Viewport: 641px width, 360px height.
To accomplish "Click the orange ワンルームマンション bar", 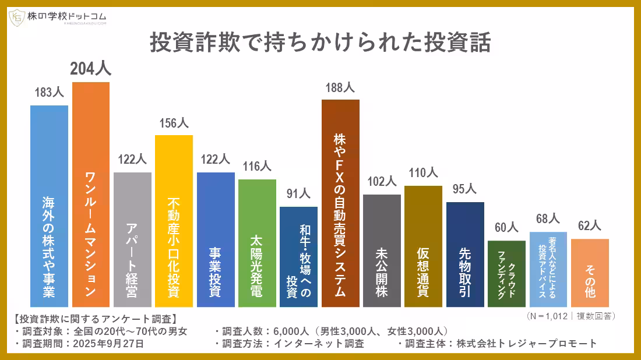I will [91, 195].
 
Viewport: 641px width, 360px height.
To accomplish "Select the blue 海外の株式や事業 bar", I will [49, 206].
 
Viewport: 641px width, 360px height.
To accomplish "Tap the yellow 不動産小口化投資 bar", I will [174, 221].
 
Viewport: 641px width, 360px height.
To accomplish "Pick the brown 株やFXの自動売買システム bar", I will [340, 203].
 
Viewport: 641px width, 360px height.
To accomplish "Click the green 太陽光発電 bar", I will [257, 243].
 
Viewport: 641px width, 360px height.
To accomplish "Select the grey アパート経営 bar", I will [132, 239].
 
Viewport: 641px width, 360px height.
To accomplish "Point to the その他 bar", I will [590, 273].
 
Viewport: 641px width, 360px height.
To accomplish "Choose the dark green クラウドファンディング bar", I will [506, 273].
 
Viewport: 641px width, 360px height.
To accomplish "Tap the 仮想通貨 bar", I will [423, 246].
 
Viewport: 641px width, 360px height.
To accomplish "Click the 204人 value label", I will [91, 69].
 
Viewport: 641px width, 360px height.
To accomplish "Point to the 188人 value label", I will [340, 88].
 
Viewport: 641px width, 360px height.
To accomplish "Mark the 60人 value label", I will [506, 227].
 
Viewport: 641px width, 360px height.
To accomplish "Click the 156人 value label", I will [174, 123].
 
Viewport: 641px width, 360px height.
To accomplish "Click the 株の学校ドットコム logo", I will [58, 18].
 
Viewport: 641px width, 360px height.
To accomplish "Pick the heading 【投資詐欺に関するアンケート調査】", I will [94, 319].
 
